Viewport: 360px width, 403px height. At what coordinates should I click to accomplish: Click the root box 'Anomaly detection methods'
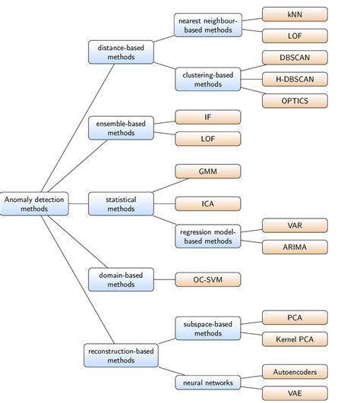pos(33,203)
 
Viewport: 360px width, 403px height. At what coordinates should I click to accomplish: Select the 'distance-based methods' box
pos(121,52)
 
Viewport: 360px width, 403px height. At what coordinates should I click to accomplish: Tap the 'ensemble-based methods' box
pos(121,128)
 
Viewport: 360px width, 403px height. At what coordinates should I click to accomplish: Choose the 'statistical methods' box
pos(121,203)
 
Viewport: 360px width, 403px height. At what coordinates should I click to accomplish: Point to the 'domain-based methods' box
pos(121,279)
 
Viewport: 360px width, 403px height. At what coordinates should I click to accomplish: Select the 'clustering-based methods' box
pos(207,80)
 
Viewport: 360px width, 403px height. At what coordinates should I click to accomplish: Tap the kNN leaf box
pos(295,14)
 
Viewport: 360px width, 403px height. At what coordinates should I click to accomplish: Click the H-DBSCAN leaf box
pos(295,79)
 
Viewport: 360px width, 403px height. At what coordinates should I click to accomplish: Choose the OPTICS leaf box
pos(295,100)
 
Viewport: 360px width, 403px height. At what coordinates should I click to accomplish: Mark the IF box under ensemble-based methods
pos(207,117)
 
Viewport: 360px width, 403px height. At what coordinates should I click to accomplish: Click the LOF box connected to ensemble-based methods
pos(207,138)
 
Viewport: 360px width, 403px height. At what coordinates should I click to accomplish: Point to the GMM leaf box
pos(207,172)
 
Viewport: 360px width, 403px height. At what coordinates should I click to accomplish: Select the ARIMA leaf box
pos(295,247)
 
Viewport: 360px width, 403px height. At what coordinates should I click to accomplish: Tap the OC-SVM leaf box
pos(207,279)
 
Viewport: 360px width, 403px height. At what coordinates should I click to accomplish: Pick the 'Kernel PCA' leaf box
pos(295,338)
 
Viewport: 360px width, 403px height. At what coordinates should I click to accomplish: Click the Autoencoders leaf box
pos(295,371)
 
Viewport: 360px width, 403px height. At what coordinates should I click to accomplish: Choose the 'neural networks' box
pos(207,382)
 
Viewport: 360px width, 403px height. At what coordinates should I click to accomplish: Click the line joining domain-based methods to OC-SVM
pos(164,279)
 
